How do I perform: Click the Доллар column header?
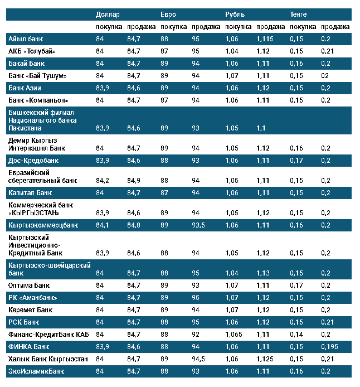[108, 14]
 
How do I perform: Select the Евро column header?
[168, 14]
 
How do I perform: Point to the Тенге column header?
[298, 14]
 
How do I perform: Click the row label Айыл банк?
[26, 39]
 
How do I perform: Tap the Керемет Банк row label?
[31, 310]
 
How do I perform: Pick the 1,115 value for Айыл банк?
[265, 39]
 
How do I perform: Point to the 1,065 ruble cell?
[235, 335]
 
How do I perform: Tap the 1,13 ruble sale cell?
[263, 273]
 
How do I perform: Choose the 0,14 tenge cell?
[297, 335]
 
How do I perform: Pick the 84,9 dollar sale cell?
[134, 181]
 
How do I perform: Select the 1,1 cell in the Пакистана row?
[261, 128]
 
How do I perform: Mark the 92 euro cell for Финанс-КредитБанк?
[195, 335]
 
